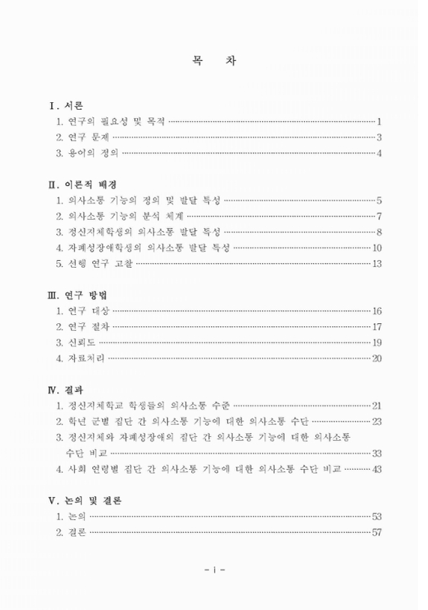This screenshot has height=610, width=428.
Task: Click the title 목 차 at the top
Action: (x=214, y=63)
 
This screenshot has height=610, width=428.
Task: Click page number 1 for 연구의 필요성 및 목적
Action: (x=378, y=121)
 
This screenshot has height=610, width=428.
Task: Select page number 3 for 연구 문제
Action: (x=378, y=137)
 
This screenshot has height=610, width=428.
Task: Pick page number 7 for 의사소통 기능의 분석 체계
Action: (x=378, y=216)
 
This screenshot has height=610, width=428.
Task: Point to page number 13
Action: (x=376, y=263)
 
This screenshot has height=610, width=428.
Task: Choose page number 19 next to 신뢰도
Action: (x=376, y=342)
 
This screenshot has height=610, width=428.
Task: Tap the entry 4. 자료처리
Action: (x=81, y=358)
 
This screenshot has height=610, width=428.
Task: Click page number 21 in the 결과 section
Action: (x=376, y=406)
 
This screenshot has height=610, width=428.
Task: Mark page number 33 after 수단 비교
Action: (x=376, y=453)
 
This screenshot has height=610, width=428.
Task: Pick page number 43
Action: (x=376, y=468)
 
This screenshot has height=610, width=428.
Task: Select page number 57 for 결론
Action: (x=376, y=532)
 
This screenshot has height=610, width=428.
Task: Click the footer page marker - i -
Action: (x=214, y=570)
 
